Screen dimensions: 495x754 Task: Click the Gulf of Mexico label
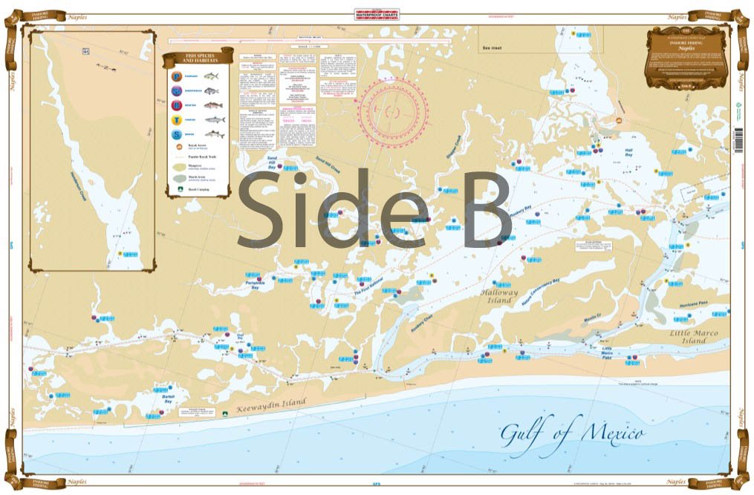(571, 433)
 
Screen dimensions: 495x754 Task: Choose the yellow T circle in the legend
(177, 119)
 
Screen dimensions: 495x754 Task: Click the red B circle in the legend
(177, 105)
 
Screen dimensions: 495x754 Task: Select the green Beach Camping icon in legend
(177, 189)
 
